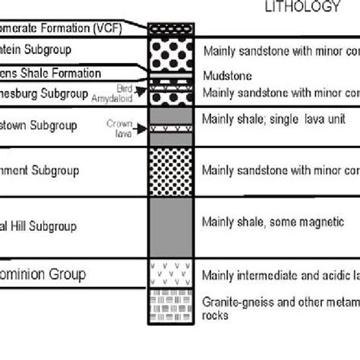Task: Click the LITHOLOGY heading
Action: (x=302, y=8)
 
